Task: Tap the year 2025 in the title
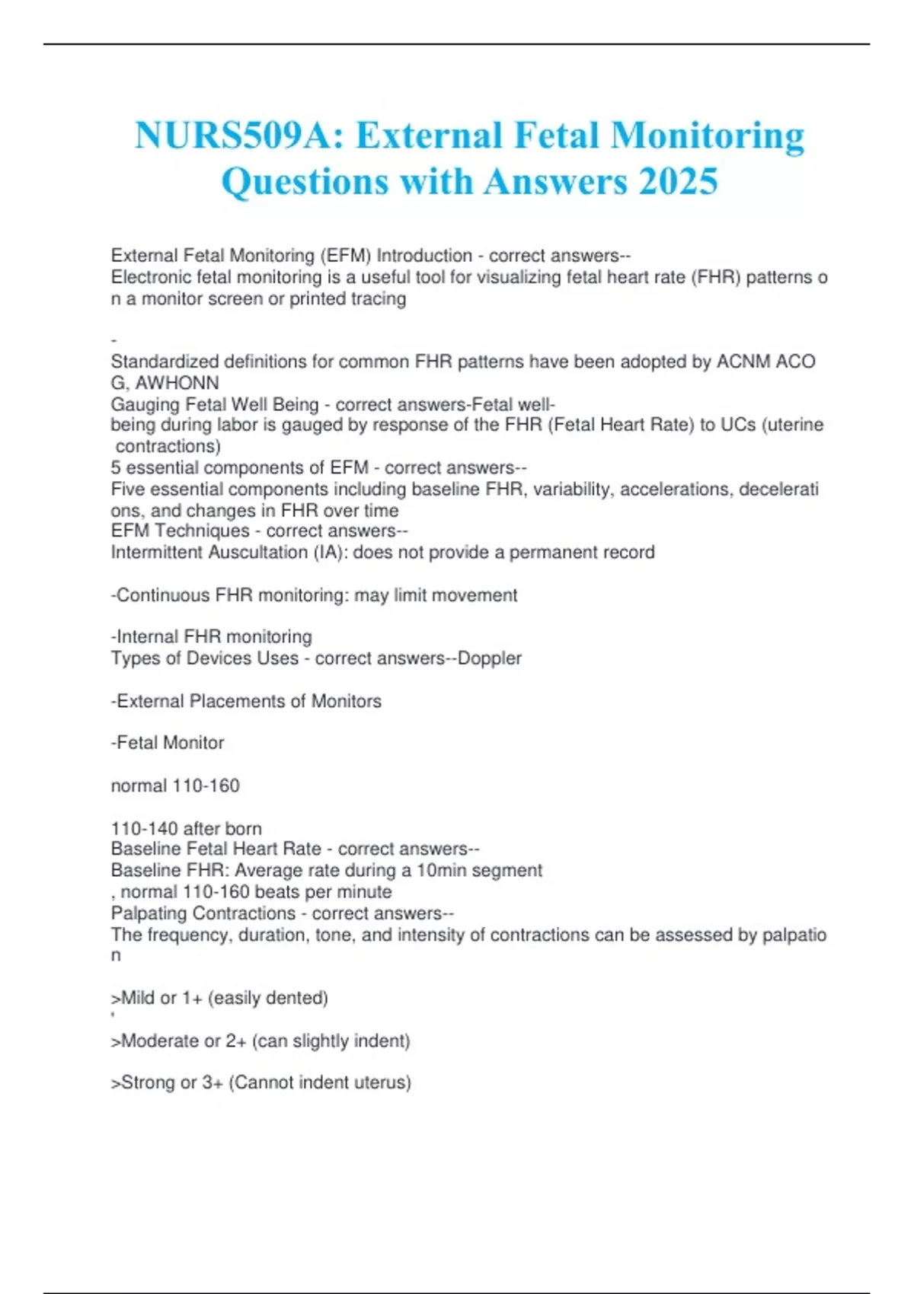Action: [x=678, y=182]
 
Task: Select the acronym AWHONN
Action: [x=177, y=383]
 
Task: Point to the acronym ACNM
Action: [x=743, y=362]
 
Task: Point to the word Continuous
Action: [x=163, y=595]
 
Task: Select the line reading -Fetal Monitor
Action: [x=168, y=743]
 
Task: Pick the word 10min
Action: [x=441, y=871]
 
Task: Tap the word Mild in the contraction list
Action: [x=138, y=998]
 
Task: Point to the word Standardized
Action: [x=164, y=362]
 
